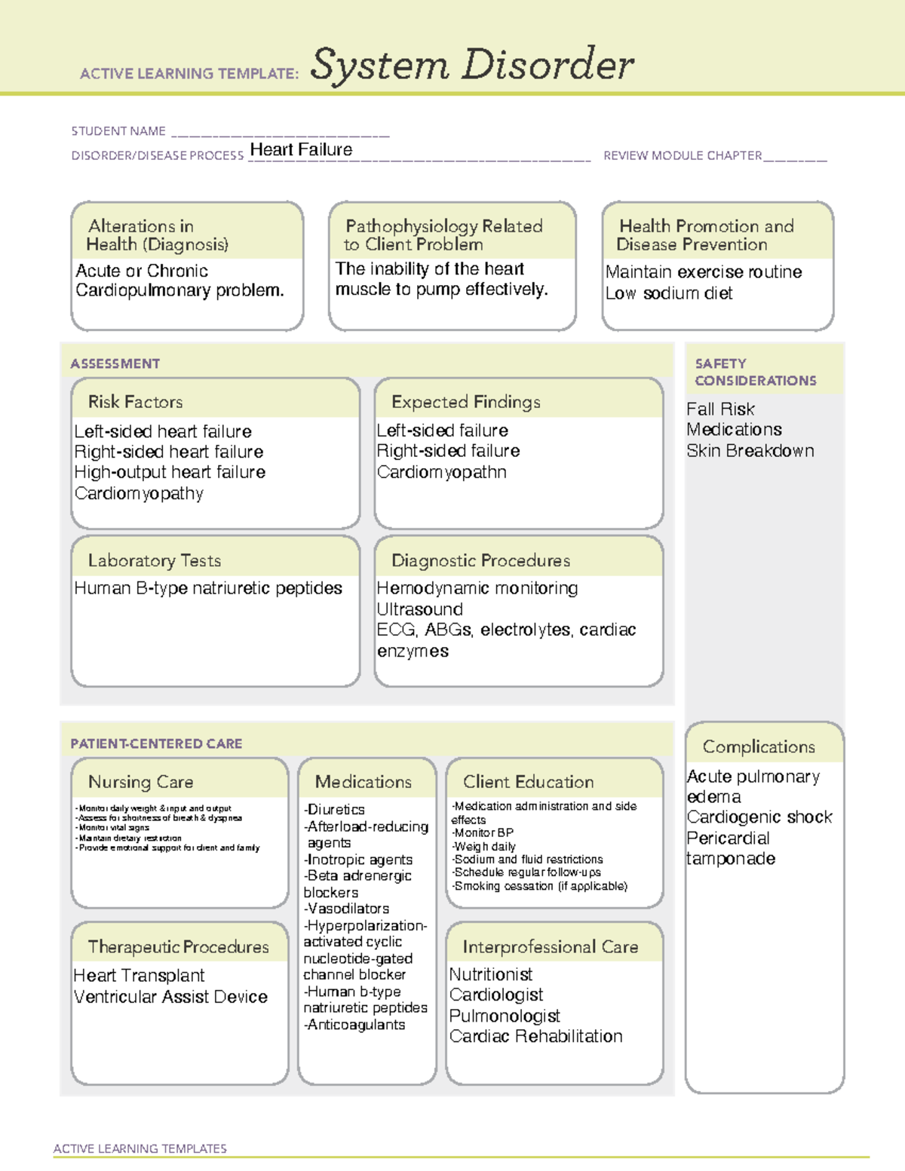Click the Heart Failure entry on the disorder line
pyautogui.click(x=301, y=150)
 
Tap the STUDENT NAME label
pyautogui.click(x=118, y=131)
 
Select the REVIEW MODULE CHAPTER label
pyautogui.click(x=683, y=156)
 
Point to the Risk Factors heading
pyautogui.click(x=136, y=402)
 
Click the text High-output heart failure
pyautogui.click(x=170, y=473)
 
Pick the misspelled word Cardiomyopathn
pyautogui.click(x=441, y=473)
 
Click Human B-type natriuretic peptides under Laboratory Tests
pyautogui.click(x=208, y=588)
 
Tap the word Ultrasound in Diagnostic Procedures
pyautogui.click(x=419, y=609)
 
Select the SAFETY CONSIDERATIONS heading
pyautogui.click(x=755, y=372)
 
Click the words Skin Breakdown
pyautogui.click(x=750, y=451)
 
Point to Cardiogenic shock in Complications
pyautogui.click(x=759, y=817)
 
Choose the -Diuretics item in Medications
pyautogui.click(x=334, y=810)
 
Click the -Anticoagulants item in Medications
pyautogui.click(x=354, y=1025)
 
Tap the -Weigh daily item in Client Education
pyautogui.click(x=483, y=847)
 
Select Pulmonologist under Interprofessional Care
pyautogui.click(x=505, y=1016)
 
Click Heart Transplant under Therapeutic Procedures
pyautogui.click(x=140, y=976)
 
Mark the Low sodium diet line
pyautogui.click(x=669, y=293)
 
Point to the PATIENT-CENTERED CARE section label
pyautogui.click(x=156, y=744)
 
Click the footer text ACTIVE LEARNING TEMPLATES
pyautogui.click(x=140, y=1148)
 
